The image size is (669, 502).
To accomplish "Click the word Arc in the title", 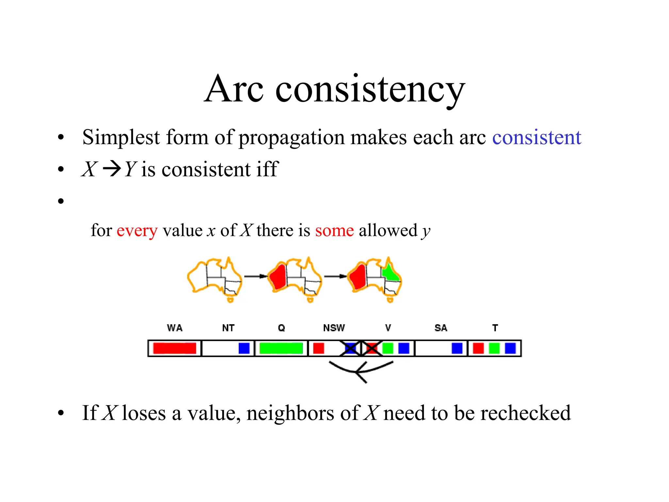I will [234, 89].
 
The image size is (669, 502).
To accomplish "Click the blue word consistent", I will [536, 137].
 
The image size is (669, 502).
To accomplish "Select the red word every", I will [137, 230].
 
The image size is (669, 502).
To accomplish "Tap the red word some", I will [334, 230].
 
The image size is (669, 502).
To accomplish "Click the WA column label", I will [175, 328].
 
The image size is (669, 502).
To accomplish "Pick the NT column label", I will [228, 328].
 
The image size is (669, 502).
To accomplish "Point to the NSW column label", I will [334, 328].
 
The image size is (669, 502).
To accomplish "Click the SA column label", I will [441, 328].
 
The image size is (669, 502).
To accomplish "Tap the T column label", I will [495, 328].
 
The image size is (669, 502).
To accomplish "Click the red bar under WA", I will [174, 348].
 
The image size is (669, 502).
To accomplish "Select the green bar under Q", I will [281, 348].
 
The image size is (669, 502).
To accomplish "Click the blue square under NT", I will [244, 348].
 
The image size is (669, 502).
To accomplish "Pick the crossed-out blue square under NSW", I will [350, 348].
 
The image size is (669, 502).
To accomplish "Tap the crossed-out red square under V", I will [371, 348].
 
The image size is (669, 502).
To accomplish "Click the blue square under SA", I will [457, 348].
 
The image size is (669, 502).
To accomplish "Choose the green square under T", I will [494, 348].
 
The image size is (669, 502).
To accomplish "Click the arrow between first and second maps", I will [256, 276].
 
